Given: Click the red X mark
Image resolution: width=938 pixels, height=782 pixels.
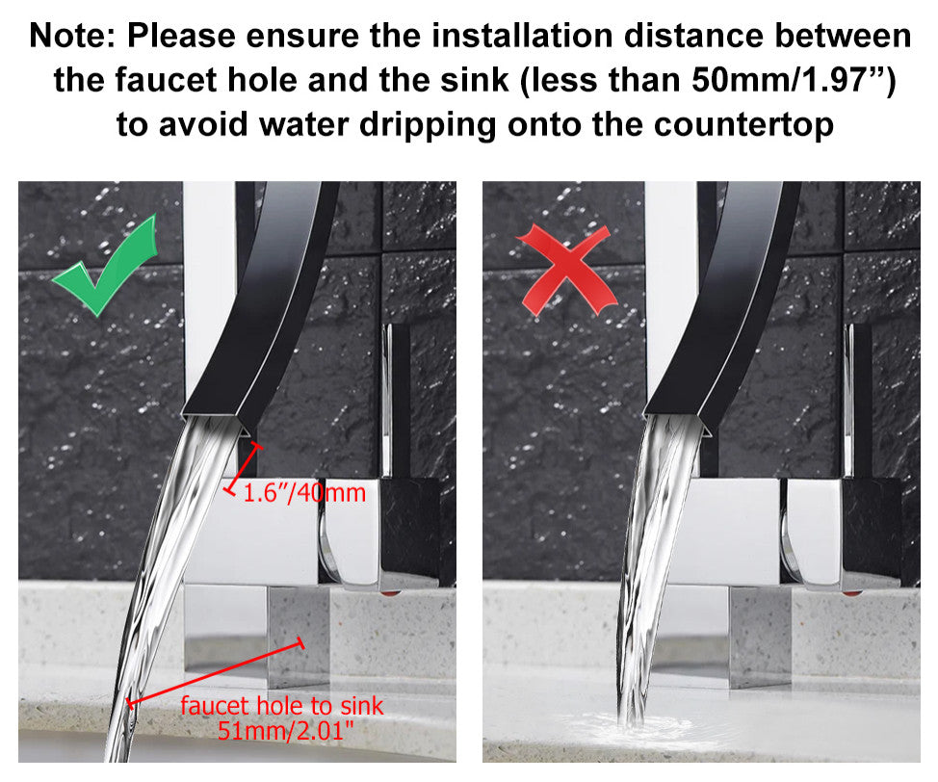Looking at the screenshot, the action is [x=566, y=271].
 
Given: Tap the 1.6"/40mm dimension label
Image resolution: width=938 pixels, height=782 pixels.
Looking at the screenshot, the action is [x=304, y=493].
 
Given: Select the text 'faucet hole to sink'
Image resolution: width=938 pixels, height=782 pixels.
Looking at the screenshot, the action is [x=282, y=706].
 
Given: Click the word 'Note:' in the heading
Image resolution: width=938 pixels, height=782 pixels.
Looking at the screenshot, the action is [x=72, y=36].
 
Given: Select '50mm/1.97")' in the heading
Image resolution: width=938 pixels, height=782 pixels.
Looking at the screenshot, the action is [x=794, y=80].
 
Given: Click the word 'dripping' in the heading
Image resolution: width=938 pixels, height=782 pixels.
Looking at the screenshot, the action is [x=428, y=125].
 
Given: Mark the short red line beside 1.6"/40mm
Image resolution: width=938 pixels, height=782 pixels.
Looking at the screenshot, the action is [x=244, y=468].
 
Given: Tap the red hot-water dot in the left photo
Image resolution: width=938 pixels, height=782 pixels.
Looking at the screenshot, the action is [x=389, y=592].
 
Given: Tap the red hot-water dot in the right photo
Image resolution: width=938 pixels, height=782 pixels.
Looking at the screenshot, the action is [x=851, y=592].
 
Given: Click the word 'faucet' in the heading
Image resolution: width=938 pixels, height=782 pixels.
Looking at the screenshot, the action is [x=166, y=80].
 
